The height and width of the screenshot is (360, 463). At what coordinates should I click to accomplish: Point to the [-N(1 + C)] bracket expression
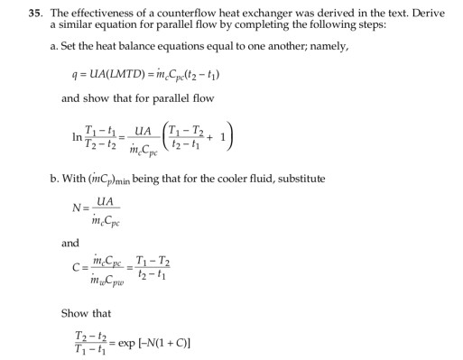pyautogui.click(x=166, y=344)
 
